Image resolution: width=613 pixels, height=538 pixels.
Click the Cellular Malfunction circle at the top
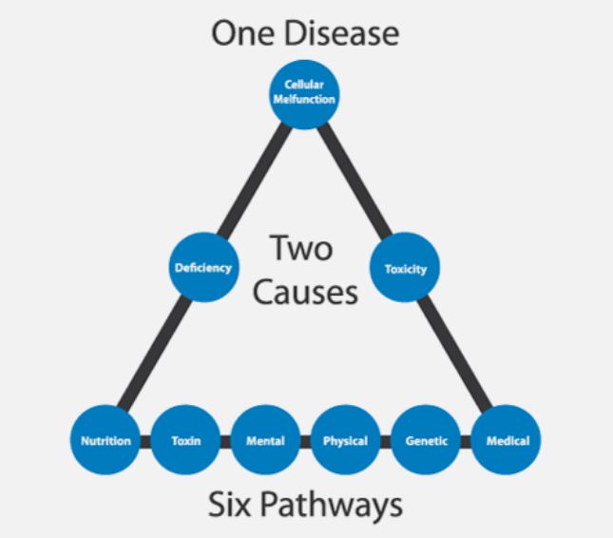pos(304,93)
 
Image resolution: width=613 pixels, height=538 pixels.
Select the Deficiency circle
pos(202,267)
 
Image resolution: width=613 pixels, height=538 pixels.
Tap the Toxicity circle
pos(405,268)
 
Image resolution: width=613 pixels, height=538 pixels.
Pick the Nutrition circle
pos(105,440)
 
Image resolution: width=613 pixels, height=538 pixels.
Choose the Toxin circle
pos(186,440)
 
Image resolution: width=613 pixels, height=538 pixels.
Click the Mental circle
pos(265,440)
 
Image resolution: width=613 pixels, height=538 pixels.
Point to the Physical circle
pos(345,440)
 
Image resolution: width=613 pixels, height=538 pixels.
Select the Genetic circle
pos(426,440)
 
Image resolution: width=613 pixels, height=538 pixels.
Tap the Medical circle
pos(506,440)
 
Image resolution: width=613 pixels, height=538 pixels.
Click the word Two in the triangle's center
pos(302,249)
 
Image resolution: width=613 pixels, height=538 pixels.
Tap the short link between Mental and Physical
pos(305,441)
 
